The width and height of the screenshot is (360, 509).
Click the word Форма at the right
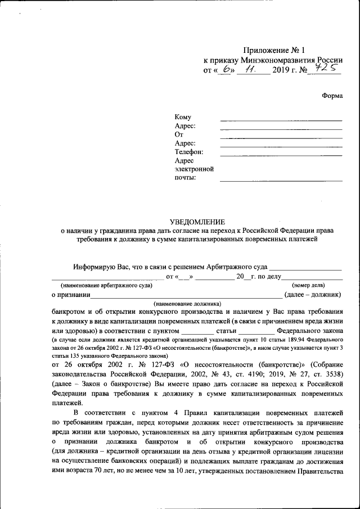coord(332,96)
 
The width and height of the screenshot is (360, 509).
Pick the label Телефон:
coord(188,152)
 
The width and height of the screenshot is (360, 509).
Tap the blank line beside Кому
coord(281,120)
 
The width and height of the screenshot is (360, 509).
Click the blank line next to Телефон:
coord(281,155)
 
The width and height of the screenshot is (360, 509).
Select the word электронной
coord(194,169)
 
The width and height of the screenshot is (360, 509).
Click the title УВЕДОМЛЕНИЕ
coord(197,222)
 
